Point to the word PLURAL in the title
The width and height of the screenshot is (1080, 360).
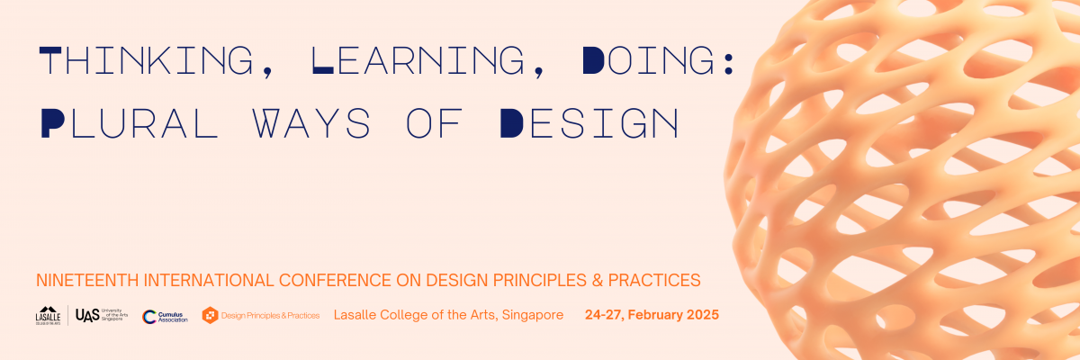(129, 123)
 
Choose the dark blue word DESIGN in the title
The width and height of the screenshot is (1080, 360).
(589, 123)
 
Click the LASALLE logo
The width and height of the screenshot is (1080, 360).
(48, 315)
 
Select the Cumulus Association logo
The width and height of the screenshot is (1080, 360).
(165, 315)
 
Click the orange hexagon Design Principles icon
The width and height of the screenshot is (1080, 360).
(210, 315)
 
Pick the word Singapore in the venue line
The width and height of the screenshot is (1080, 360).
(534, 315)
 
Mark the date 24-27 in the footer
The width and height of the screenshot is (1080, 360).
(604, 315)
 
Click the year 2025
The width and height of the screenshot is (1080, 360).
(701, 315)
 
